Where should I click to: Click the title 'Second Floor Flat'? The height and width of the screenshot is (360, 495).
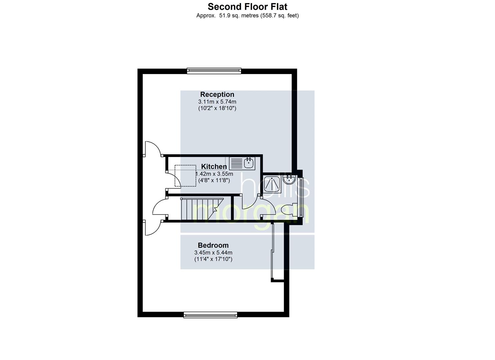[x=247, y=7]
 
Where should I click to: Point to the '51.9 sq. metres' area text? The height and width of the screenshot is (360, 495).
[x=239, y=16]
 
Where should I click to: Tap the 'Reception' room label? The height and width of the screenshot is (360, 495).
[x=217, y=94]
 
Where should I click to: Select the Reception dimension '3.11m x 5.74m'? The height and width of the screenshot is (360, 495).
[x=217, y=102]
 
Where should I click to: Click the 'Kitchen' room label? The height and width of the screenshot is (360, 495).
[x=214, y=166]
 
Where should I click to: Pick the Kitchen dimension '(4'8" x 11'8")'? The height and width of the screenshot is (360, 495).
[x=214, y=180]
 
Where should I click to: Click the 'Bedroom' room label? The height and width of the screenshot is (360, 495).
[x=213, y=245]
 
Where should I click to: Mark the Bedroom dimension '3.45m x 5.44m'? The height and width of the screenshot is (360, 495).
[x=213, y=252]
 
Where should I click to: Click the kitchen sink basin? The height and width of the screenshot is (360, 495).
[x=249, y=163]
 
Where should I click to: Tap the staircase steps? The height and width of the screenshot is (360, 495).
[x=202, y=209]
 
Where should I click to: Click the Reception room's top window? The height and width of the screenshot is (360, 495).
[x=214, y=71]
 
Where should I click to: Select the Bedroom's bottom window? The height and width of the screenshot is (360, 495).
[x=210, y=315]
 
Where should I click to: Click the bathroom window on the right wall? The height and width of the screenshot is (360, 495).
[x=300, y=197]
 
